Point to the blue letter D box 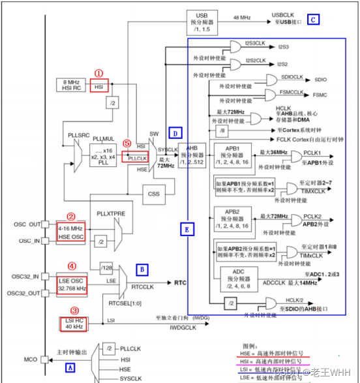click(x=174, y=133)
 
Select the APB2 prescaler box click(x=234, y=219)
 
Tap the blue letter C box click(x=314, y=20)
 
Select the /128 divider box click(x=106, y=267)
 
